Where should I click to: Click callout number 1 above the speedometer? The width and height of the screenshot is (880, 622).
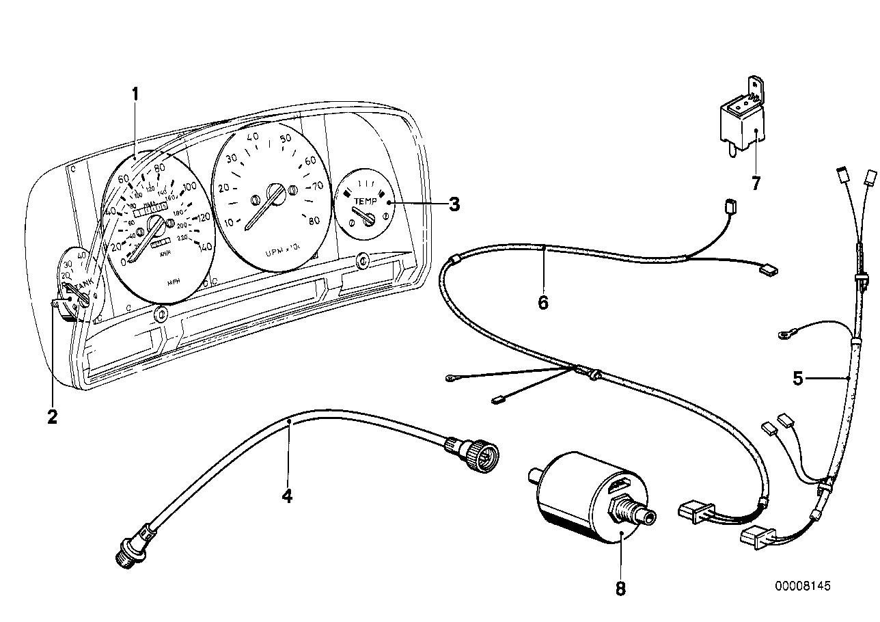pos(135,94)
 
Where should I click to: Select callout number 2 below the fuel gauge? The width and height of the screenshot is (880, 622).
pos(52,416)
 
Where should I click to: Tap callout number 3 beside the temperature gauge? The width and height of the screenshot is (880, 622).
pos(454,204)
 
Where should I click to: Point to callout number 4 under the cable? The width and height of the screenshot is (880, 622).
pos(287,496)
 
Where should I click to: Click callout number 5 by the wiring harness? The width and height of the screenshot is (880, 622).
pos(798,378)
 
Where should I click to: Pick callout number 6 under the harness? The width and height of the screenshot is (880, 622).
pos(542,302)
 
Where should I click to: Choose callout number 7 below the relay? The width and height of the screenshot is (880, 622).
pos(755,184)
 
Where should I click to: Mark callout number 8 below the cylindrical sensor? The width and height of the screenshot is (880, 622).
pos(620,588)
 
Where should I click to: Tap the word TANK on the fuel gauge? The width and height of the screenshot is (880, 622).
pos(83,282)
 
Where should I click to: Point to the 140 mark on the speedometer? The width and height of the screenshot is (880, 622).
pos(204,247)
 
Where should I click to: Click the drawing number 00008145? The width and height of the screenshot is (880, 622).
pos(803,586)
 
